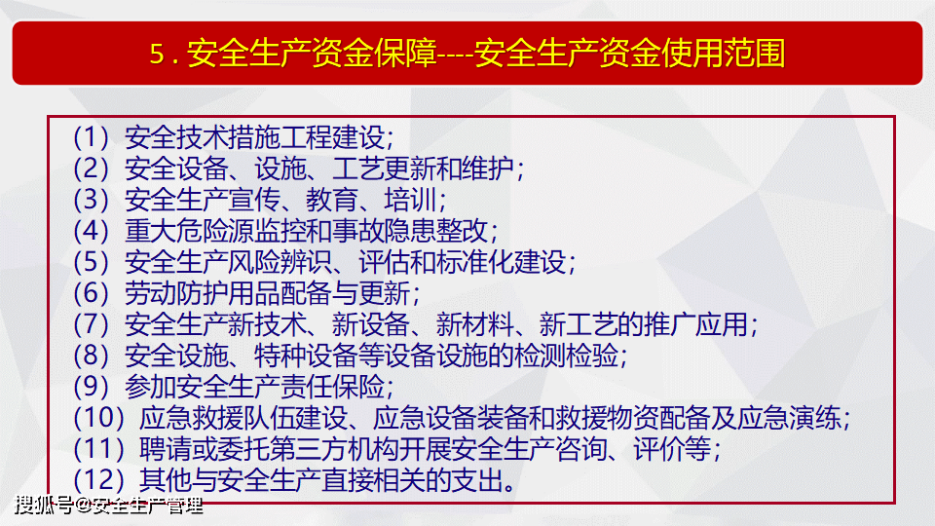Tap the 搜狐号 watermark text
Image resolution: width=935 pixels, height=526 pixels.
[44, 506]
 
